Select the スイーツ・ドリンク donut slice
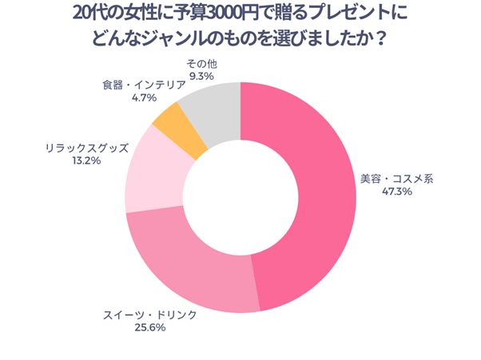[192, 263]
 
